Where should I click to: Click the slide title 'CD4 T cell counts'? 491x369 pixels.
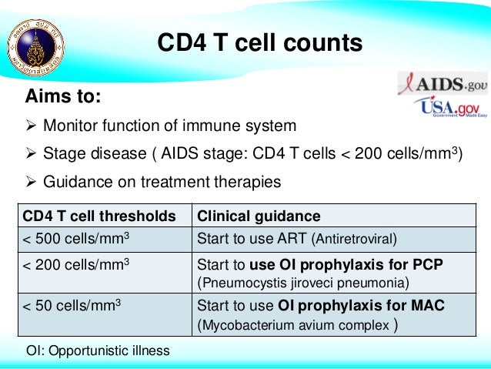click(x=259, y=43)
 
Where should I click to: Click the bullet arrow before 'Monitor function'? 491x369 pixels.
click(x=32, y=126)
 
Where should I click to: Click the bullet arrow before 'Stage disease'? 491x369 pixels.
click(x=32, y=154)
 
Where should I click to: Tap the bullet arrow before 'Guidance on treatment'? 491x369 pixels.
click(x=32, y=183)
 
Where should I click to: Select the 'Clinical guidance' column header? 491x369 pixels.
click(x=259, y=216)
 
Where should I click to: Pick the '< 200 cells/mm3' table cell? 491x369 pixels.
click(x=74, y=265)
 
